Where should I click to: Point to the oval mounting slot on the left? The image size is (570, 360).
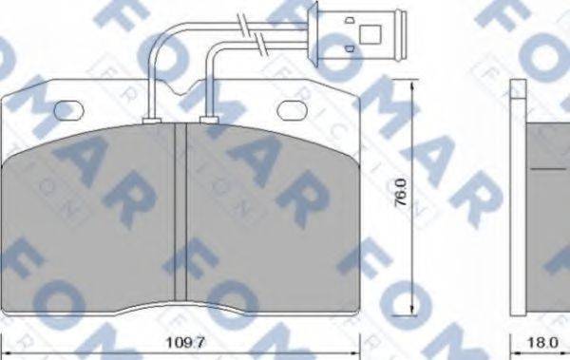click(68, 111)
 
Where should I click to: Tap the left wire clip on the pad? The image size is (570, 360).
click(149, 120)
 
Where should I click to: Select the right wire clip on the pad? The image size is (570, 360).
click(209, 120)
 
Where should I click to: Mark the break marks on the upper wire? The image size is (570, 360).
click(255, 19)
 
